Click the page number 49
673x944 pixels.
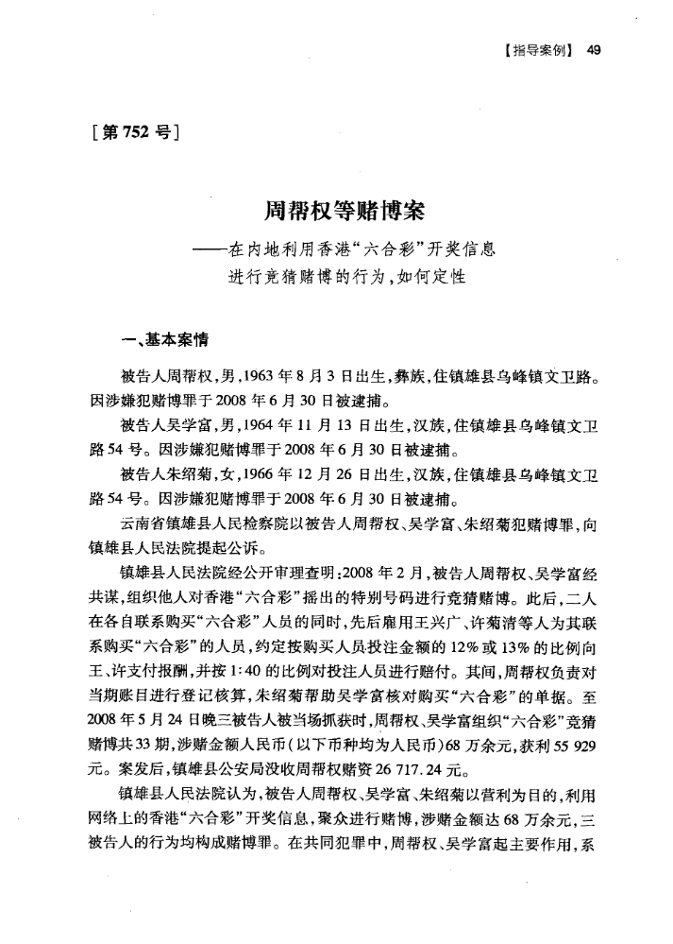pos(593,50)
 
